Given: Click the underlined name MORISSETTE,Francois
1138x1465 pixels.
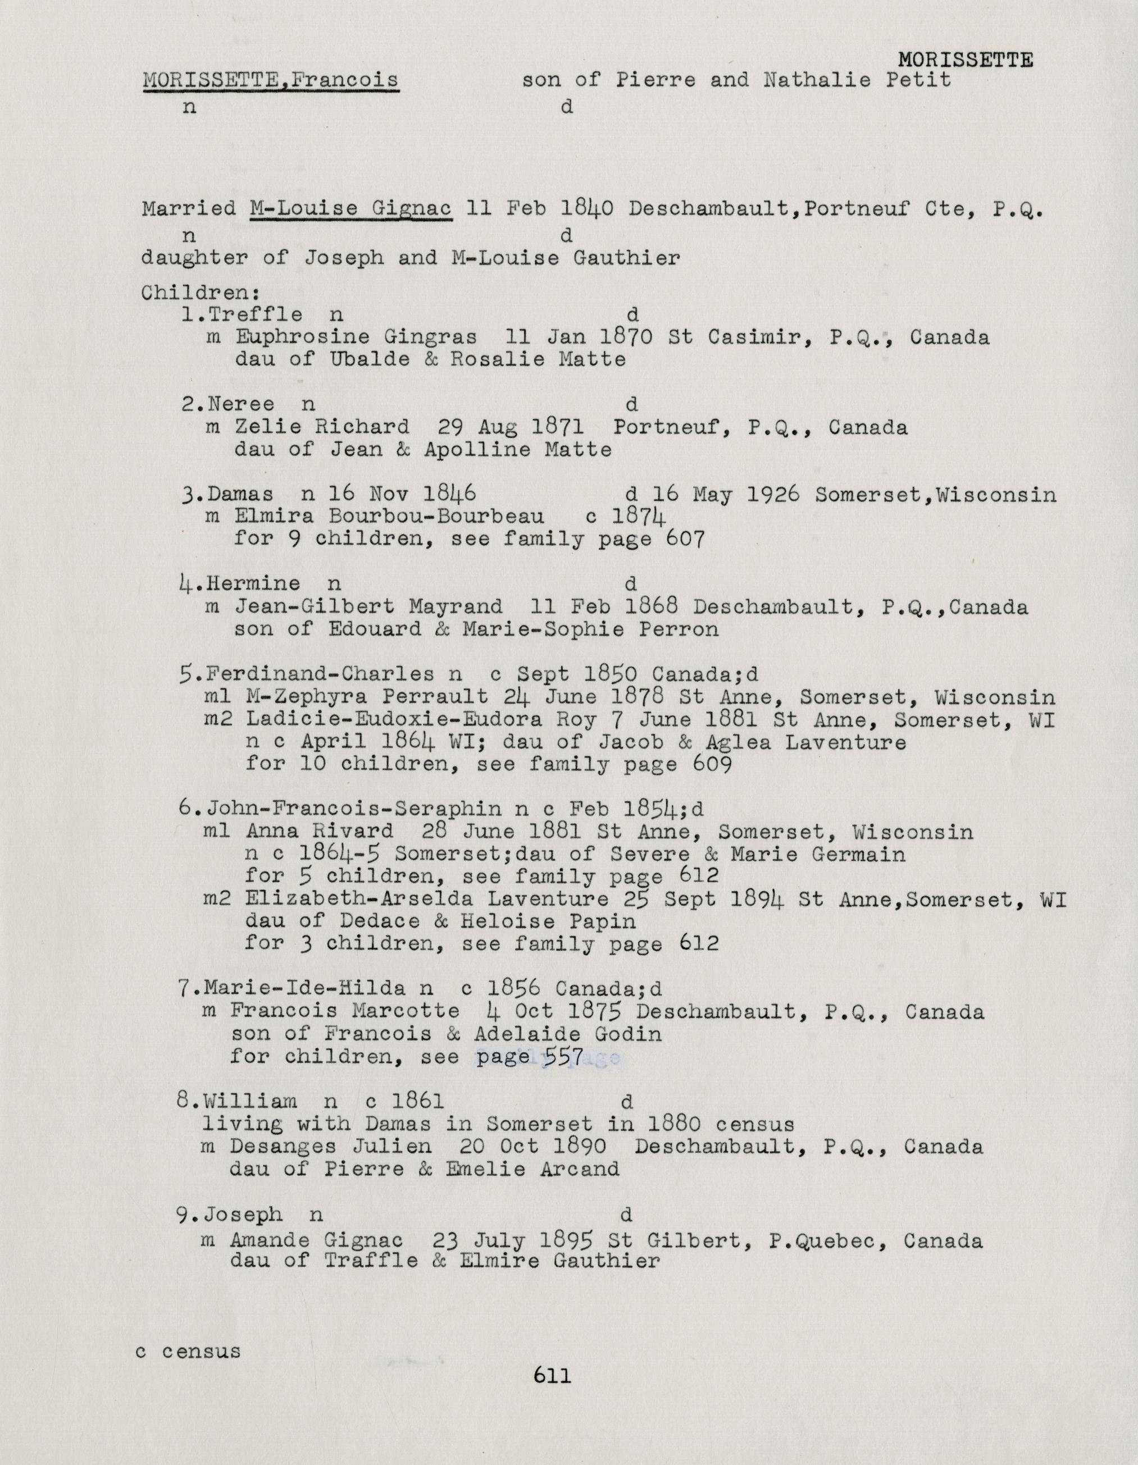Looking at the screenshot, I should pyautogui.click(x=270, y=80).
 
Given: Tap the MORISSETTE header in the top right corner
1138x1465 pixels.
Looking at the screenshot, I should pyautogui.click(x=965, y=61).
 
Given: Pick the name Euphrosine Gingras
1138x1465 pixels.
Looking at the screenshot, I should pyautogui.click(x=356, y=337).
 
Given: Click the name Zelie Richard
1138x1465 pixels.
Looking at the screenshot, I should pyautogui.click(x=322, y=427).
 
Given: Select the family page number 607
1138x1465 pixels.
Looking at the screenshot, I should pyautogui.click(x=685, y=539).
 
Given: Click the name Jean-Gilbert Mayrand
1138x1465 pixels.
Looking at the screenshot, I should pyautogui.click(x=368, y=607).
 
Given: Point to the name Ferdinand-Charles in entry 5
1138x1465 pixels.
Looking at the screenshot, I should pyautogui.click(x=321, y=674).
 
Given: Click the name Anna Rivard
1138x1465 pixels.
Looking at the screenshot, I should pyautogui.click(x=320, y=832).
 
